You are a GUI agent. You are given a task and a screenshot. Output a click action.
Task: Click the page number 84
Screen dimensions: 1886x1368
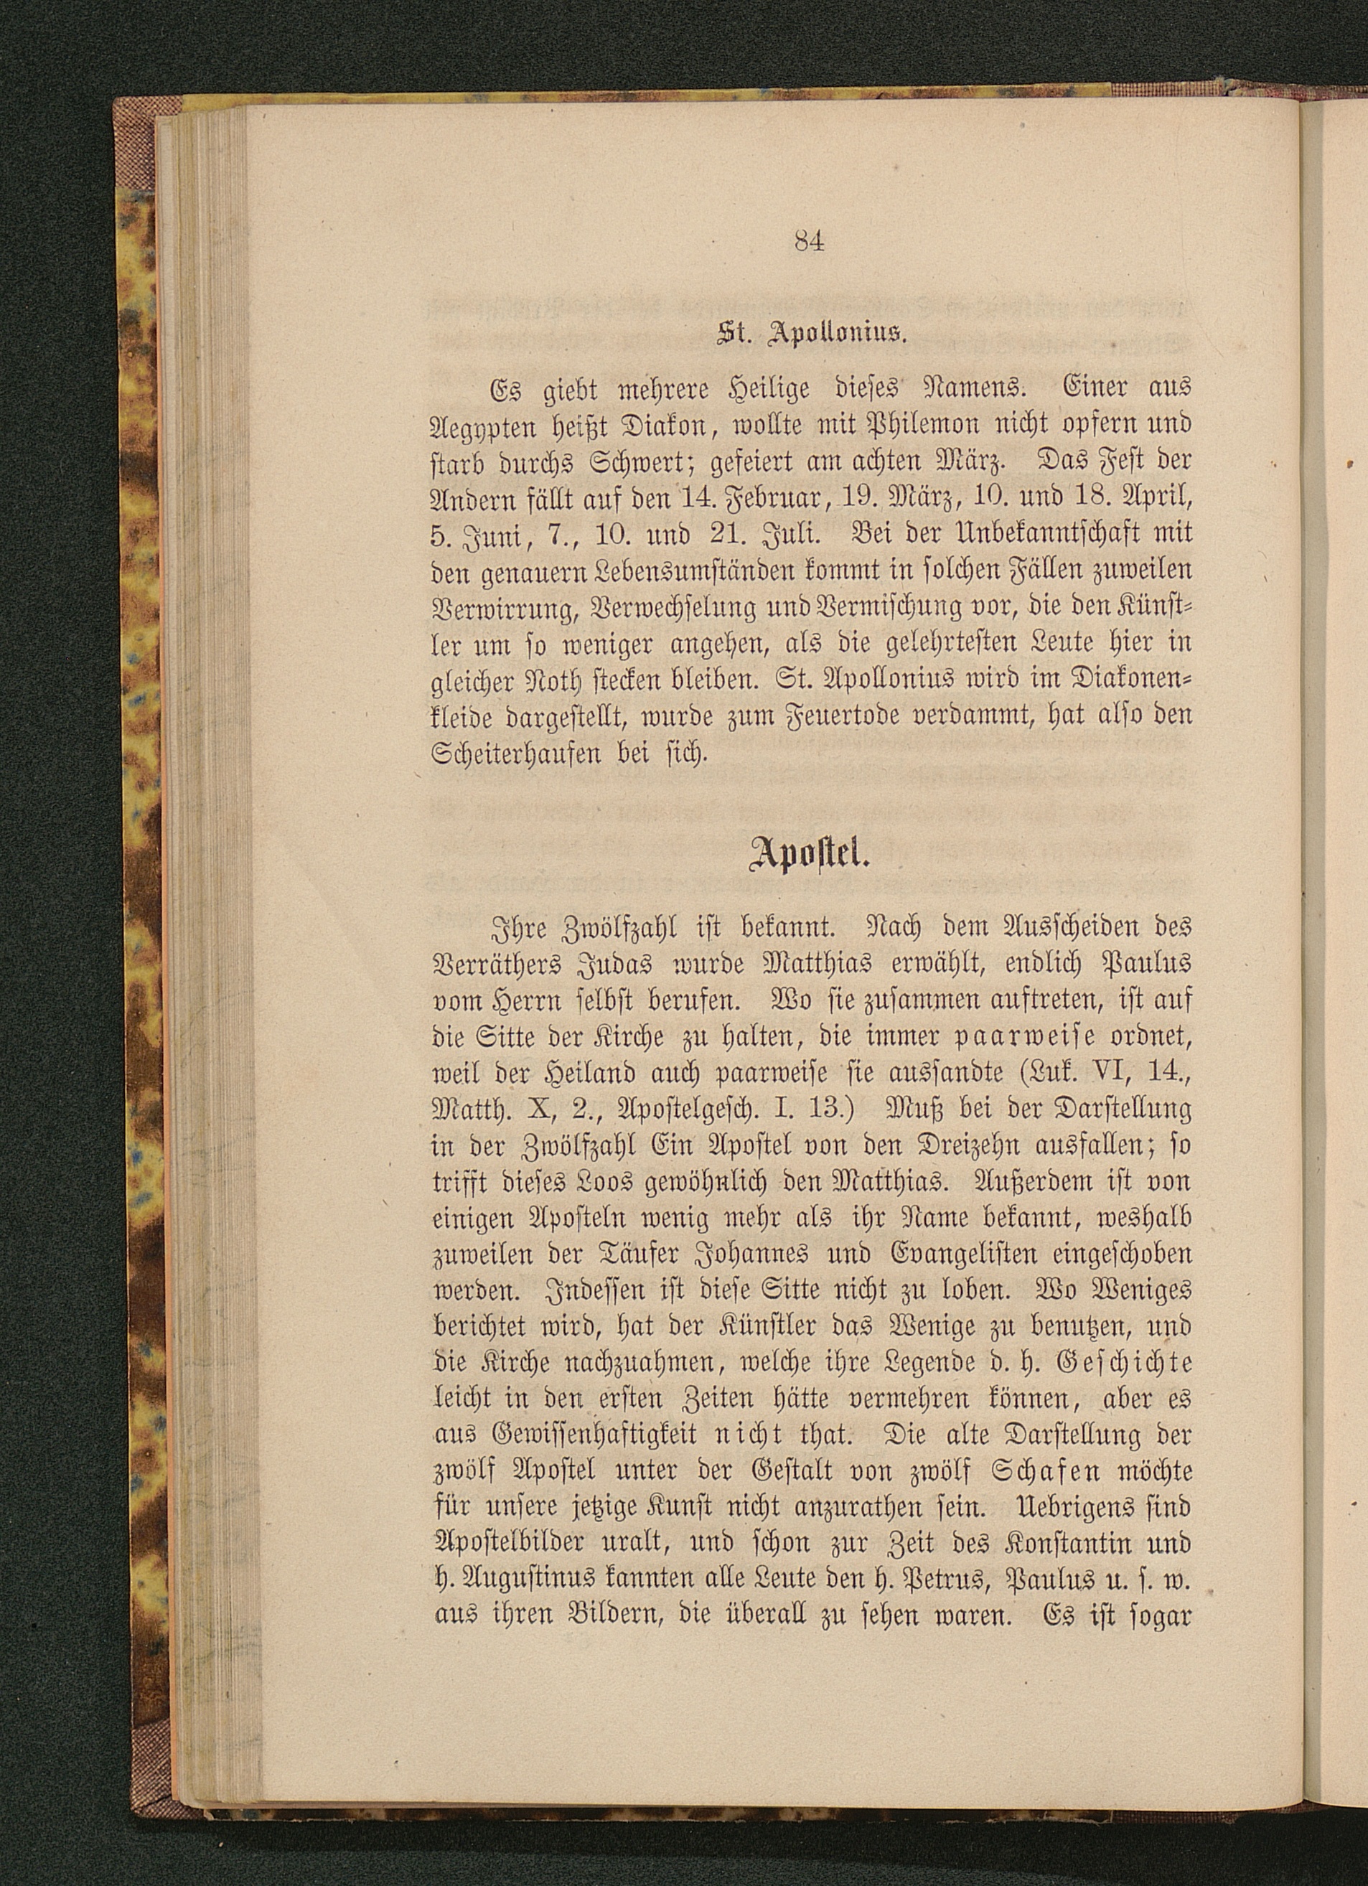click(x=808, y=241)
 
